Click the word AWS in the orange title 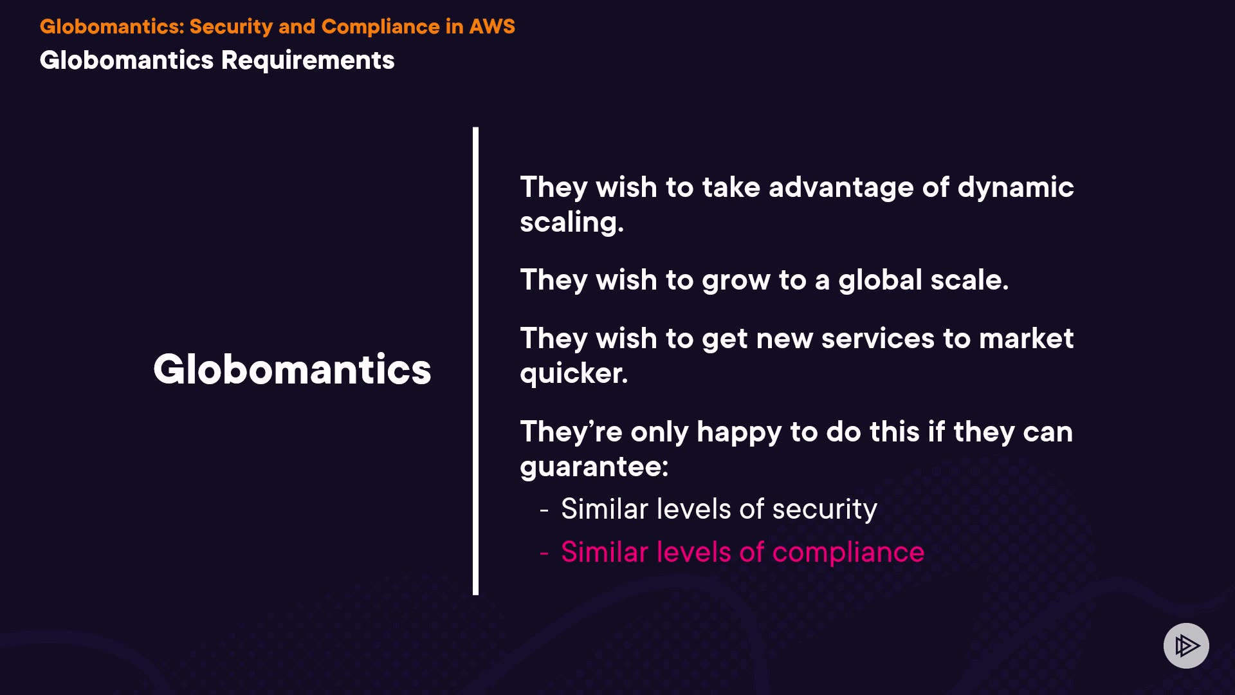(x=492, y=26)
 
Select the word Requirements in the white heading (x=307, y=60)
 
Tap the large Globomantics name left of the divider (x=292, y=369)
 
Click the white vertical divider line (x=475, y=361)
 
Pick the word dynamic (x=1016, y=188)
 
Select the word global (x=880, y=281)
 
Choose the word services (x=877, y=338)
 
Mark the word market (x=1026, y=338)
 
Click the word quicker (x=574, y=374)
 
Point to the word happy (x=738, y=432)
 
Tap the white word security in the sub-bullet (x=825, y=510)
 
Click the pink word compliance (x=848, y=553)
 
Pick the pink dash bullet (x=544, y=553)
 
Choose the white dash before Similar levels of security (x=544, y=510)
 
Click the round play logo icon (x=1186, y=645)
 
